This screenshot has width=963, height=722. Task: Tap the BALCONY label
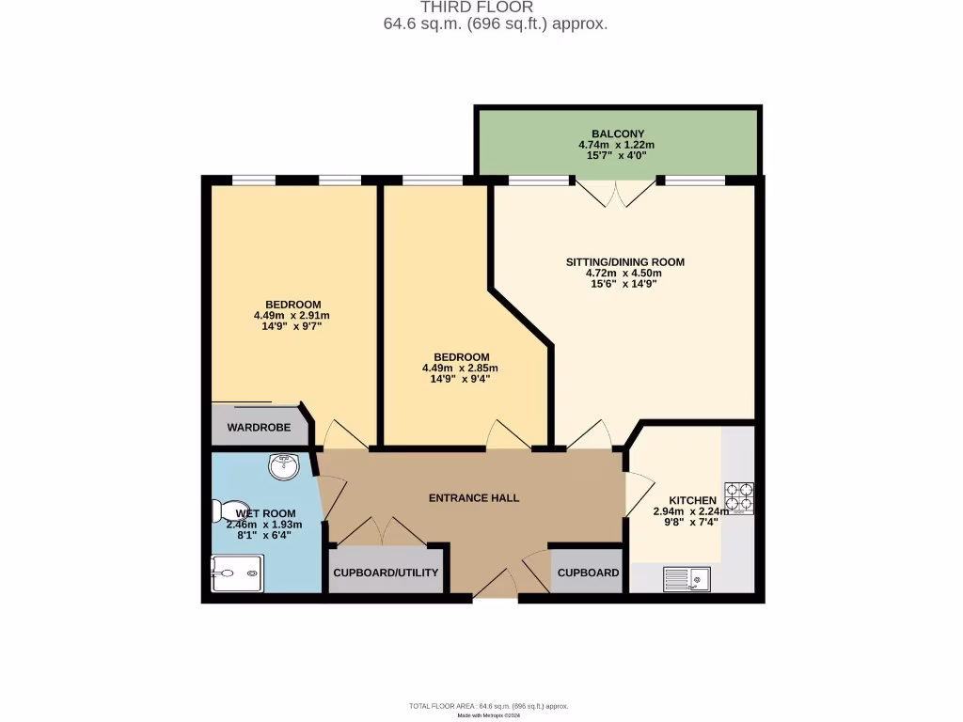pos(617,133)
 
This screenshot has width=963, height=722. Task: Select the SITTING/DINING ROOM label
pos(624,261)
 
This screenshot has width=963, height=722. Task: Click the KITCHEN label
pos(692,500)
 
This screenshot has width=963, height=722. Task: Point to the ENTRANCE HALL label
pos(474,497)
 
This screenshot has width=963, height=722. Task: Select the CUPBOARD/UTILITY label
pos(386,573)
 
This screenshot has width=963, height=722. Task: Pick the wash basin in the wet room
pos(282,465)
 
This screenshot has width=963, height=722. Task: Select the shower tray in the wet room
pos(237,573)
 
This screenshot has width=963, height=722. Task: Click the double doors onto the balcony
pos(616,193)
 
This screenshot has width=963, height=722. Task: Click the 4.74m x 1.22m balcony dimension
pos(617,145)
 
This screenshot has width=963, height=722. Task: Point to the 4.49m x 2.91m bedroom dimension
pos(292,316)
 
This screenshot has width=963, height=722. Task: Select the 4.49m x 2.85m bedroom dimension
pos(460,369)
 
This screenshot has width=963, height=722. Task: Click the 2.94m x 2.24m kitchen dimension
pos(691,511)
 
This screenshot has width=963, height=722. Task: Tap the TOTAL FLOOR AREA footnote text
pos(488,706)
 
